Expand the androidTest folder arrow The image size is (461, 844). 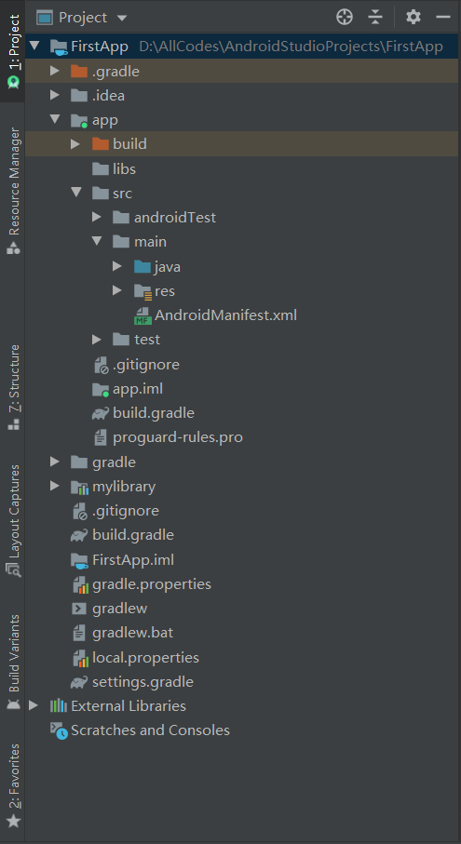click(x=97, y=218)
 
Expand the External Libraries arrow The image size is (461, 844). click(x=34, y=705)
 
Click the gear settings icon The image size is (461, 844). click(x=414, y=18)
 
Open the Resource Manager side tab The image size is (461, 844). click(x=13, y=191)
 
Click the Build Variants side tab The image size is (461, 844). click(x=13, y=663)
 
